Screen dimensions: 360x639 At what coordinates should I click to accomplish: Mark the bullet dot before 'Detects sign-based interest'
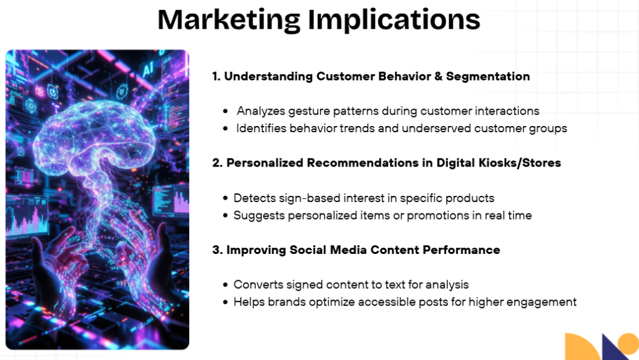tap(225, 198)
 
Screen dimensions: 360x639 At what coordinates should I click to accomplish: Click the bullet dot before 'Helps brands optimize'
tap(225, 303)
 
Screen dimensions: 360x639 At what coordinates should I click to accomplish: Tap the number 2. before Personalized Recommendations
tap(217, 163)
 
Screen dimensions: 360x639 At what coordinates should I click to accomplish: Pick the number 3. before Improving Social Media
tap(217, 250)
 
